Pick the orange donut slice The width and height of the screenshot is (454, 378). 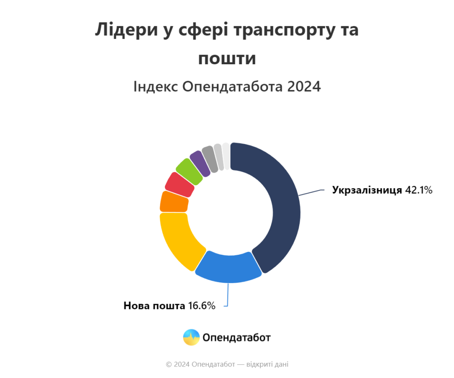[174, 202]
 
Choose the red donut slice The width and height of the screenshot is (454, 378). [180, 185]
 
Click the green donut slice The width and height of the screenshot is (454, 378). [189, 172]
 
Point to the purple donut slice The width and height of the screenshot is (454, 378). [200, 164]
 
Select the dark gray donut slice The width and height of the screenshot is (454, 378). [210, 159]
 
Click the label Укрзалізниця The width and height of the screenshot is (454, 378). [367, 190]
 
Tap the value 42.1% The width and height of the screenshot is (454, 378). [419, 190]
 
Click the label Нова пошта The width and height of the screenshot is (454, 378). [154, 306]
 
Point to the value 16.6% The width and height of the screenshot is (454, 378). [202, 306]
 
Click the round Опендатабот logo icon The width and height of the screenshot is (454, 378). [192, 337]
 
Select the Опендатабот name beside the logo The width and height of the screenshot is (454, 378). [237, 338]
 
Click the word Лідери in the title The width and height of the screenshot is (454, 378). [126, 30]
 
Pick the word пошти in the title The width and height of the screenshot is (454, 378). [227, 59]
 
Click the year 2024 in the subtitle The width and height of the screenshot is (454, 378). [304, 86]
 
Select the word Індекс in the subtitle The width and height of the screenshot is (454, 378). [156, 86]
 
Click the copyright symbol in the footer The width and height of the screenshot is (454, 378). [169, 364]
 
